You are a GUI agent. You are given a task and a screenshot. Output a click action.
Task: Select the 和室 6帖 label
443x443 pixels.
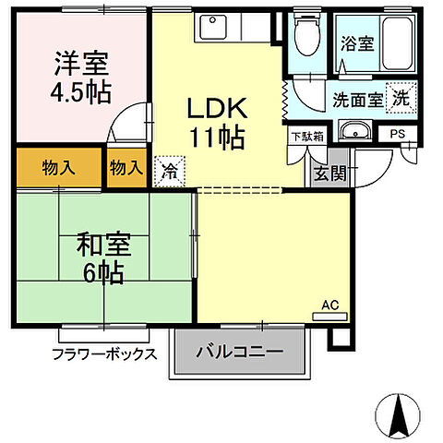103,258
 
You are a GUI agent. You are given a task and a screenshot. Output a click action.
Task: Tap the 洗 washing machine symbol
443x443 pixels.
401,97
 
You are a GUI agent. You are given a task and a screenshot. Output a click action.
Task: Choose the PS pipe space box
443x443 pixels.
399,134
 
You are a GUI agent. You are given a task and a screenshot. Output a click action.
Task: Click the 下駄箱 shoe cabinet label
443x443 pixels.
306,137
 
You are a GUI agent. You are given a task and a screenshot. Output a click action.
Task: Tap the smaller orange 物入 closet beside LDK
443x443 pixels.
125,168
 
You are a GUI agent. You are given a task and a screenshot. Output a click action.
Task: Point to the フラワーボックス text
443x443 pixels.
103,354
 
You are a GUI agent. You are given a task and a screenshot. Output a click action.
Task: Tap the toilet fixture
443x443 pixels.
303,36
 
